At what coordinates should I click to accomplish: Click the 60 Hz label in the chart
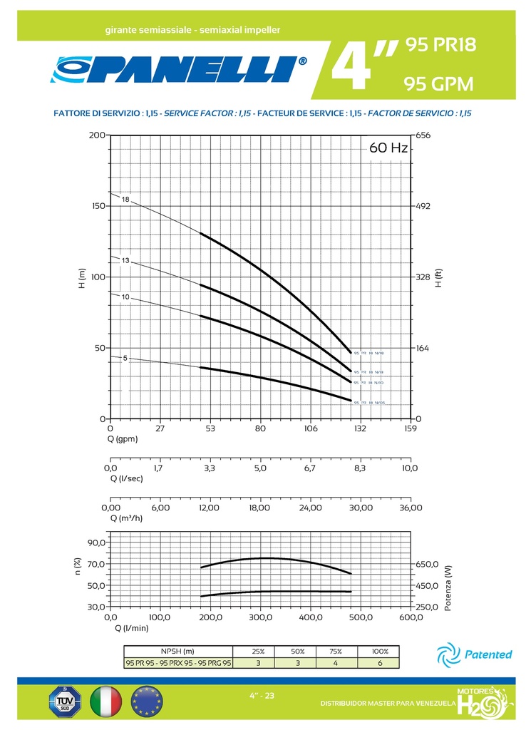[388, 148]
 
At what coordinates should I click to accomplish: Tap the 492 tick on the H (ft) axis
[424, 206]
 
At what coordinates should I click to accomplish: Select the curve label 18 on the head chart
[125, 199]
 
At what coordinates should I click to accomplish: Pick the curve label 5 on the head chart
[125, 358]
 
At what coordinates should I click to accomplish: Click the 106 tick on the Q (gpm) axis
[311, 429]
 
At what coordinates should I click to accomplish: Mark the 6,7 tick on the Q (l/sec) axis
[309, 468]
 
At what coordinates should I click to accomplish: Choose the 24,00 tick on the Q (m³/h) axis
[311, 508]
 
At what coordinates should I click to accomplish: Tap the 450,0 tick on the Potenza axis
[428, 585]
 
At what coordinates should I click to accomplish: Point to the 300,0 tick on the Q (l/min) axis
[261, 617]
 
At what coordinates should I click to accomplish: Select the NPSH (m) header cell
[177, 651]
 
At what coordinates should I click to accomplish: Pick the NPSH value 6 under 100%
[380, 663]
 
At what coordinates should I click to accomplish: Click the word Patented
[488, 654]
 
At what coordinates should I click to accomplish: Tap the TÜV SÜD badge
[66, 701]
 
